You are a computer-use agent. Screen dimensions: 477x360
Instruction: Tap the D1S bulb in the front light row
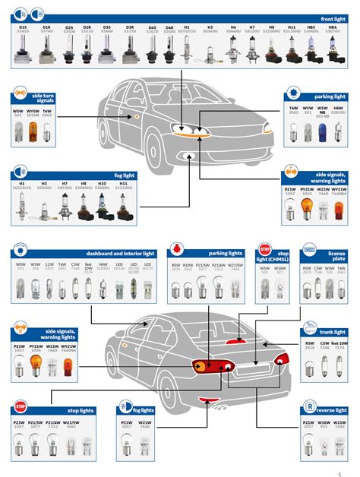[x=22, y=48]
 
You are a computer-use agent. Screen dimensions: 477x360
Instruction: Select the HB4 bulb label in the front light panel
[x=332, y=27]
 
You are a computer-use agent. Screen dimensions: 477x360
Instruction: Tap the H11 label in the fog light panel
[x=122, y=183]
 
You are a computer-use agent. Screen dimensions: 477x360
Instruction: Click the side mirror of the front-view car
[x=132, y=116]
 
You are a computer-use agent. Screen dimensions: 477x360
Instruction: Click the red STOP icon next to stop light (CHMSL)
[x=264, y=248]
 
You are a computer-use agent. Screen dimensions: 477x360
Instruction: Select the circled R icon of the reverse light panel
[x=310, y=406]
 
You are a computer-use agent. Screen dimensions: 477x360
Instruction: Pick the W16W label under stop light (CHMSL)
[x=280, y=268]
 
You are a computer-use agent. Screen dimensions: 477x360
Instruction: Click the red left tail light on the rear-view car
[x=207, y=366]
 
